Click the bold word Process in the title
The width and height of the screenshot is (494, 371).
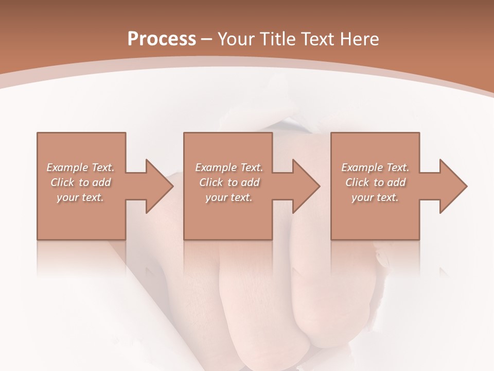coord(162,39)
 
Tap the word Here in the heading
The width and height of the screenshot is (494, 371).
coord(360,39)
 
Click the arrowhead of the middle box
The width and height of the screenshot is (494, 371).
coord(306,186)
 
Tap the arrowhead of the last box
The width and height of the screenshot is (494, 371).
coord(453,186)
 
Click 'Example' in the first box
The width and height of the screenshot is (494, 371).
coord(67,167)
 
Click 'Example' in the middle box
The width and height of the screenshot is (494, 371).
coord(216,167)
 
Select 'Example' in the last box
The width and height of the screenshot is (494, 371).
coord(362,167)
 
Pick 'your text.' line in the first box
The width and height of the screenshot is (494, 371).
coord(80,197)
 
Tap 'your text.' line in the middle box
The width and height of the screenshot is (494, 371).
coord(228,197)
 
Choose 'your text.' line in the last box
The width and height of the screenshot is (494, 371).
coord(375,197)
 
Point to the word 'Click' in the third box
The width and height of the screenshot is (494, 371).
coord(358,182)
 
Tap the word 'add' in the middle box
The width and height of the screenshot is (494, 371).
coord(250,182)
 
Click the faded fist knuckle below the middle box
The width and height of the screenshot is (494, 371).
coord(242,289)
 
